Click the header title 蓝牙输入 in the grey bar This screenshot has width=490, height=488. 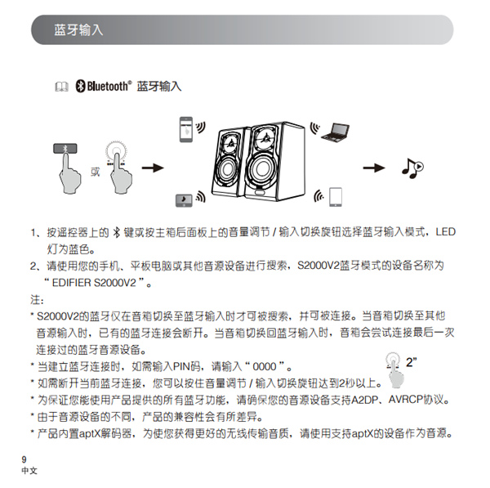click(78, 29)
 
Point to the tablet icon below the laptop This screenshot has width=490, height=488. click(336, 197)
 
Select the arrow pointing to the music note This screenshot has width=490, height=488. click(375, 168)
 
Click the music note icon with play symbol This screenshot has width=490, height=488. click(412, 168)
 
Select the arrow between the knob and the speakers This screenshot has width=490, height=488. click(153, 168)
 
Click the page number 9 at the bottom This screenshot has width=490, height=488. click(24, 460)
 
